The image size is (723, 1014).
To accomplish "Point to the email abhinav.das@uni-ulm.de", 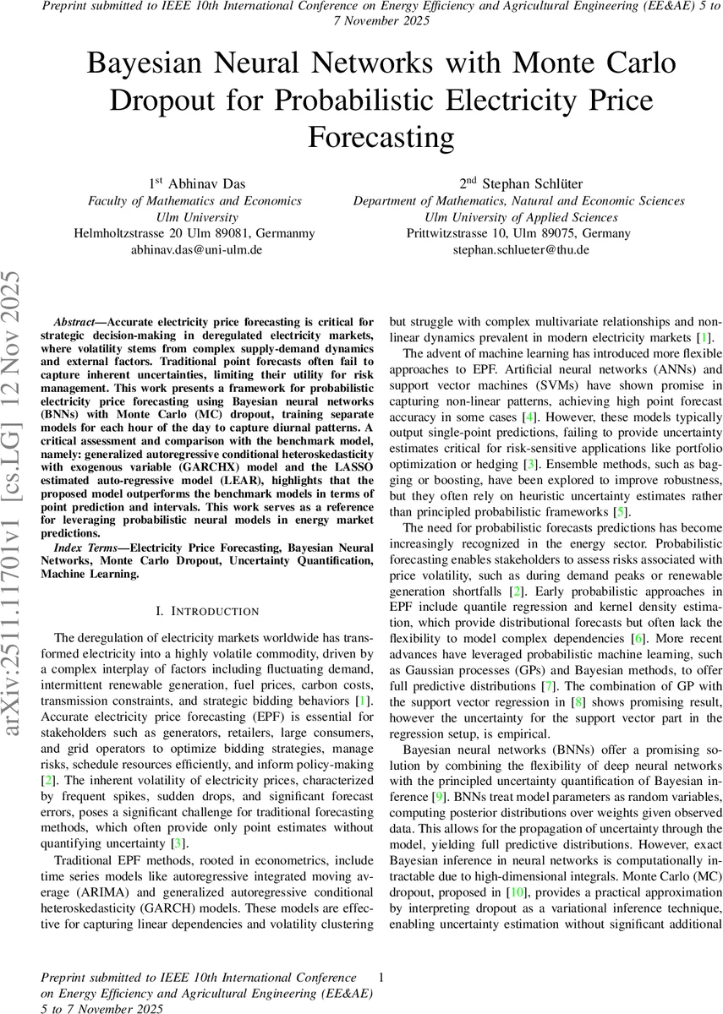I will click(x=195, y=250).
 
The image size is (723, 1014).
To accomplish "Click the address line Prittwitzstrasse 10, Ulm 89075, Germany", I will click(x=518, y=233).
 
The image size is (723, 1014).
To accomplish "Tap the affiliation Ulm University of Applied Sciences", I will click(x=518, y=217).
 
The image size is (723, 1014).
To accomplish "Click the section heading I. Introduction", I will click(x=195, y=610).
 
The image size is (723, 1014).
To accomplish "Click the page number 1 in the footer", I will click(x=382, y=978).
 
